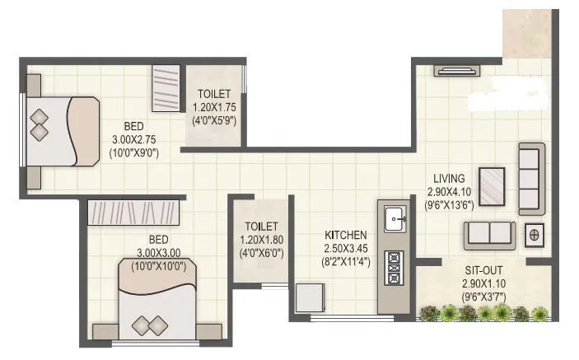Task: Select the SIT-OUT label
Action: pos(483,270)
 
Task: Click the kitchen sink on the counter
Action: pos(394,219)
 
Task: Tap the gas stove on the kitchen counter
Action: pos(394,265)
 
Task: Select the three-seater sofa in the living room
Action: pos(530,175)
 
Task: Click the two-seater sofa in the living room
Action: pos(489,235)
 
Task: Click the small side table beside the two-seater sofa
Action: pos(534,235)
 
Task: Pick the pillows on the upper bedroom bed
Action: pos(39,130)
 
